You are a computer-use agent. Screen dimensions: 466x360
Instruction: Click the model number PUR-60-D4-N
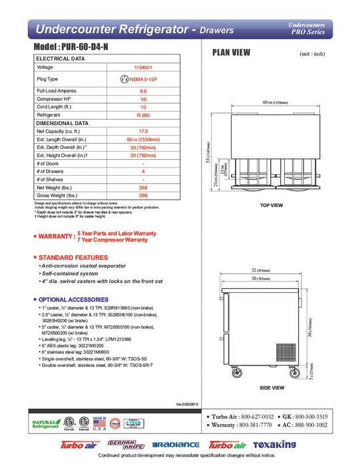pyautogui.click(x=78, y=49)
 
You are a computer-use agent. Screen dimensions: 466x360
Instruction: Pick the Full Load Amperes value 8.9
pyautogui.click(x=143, y=90)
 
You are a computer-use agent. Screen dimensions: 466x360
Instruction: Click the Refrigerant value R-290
pyautogui.click(x=143, y=115)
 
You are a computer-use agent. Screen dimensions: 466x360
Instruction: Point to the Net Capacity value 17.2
pyautogui.click(x=143, y=132)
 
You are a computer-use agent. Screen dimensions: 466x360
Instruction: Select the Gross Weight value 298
pyautogui.click(x=143, y=196)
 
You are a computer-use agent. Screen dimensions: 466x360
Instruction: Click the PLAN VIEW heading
pyautogui.click(x=231, y=53)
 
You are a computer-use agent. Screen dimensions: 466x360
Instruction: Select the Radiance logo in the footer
pyautogui.click(x=177, y=445)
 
